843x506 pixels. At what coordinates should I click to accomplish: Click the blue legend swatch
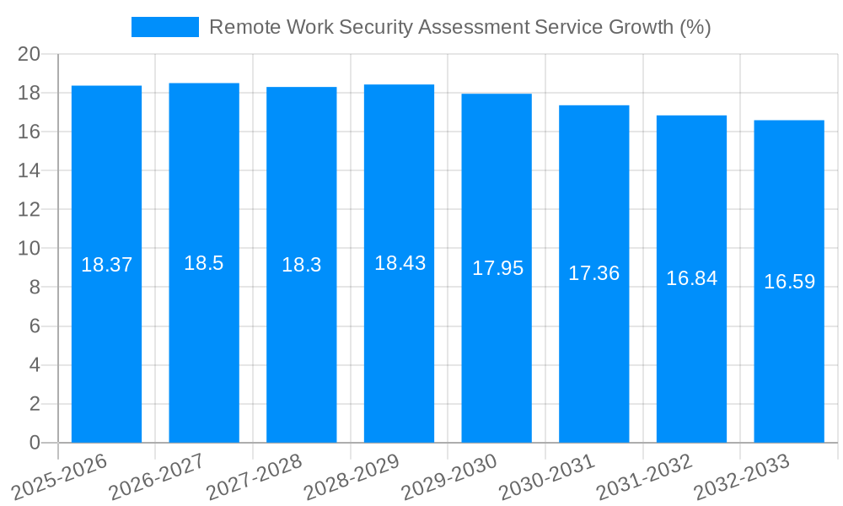tap(165, 27)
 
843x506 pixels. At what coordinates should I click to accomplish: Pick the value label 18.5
tap(204, 263)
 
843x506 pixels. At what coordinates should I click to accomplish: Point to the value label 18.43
tap(400, 263)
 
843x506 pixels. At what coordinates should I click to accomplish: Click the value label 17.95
tap(497, 268)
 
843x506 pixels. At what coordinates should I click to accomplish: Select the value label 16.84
tap(691, 278)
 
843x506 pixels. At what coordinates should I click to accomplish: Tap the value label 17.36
tap(594, 273)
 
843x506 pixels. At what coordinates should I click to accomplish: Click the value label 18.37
tap(106, 265)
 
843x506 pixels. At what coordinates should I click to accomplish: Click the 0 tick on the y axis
tap(35, 443)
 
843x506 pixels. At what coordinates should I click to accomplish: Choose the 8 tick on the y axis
tap(35, 288)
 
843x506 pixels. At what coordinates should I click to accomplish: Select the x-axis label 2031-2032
tap(645, 478)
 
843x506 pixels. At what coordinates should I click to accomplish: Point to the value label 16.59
tap(789, 282)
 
